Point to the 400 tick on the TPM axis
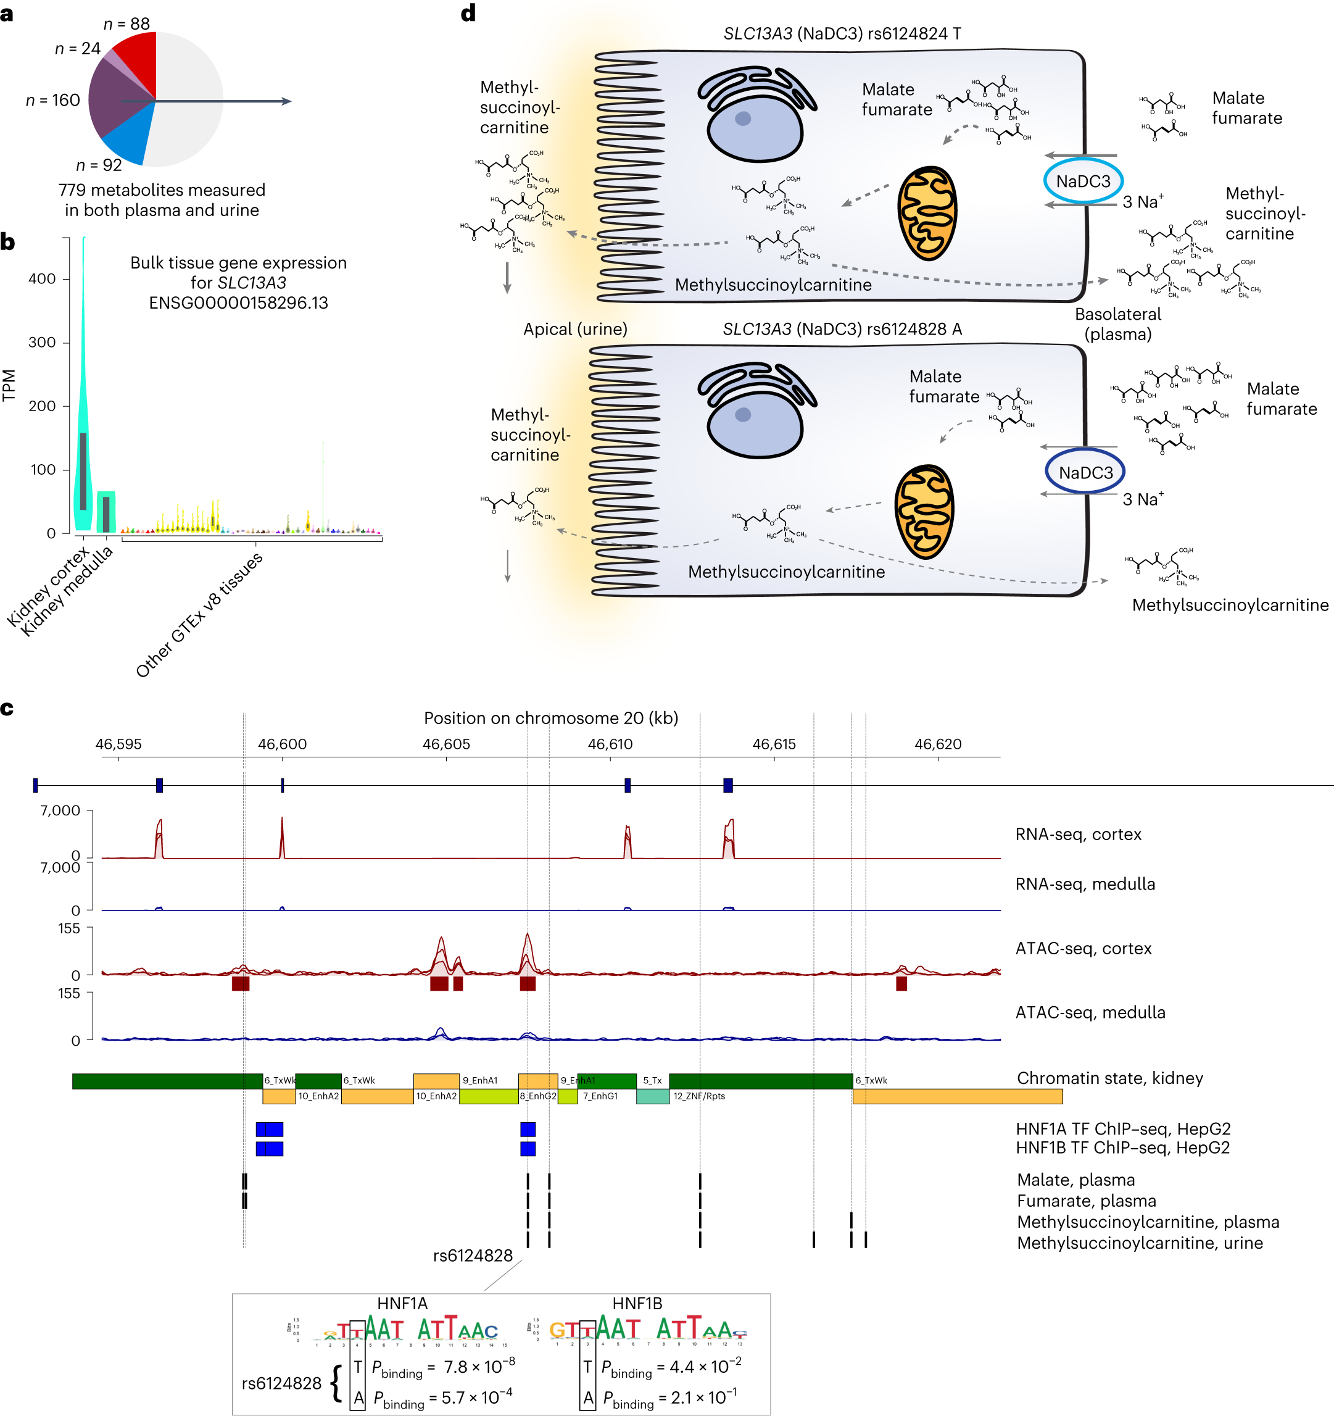42,278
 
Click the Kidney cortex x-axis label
48,587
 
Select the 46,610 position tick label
610,744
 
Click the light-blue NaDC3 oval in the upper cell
1083,181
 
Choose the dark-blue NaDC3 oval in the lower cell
1085,473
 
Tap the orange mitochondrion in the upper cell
927,214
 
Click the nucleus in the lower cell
755,425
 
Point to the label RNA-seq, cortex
1078,834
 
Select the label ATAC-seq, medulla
1090,1012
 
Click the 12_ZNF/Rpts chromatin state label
699,1096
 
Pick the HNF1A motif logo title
402,1304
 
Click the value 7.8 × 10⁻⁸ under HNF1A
478,1367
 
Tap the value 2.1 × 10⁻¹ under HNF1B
703,1397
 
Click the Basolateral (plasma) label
1117,324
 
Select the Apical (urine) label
575,329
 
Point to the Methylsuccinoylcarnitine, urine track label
1140,1243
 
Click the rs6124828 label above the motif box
473,1256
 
